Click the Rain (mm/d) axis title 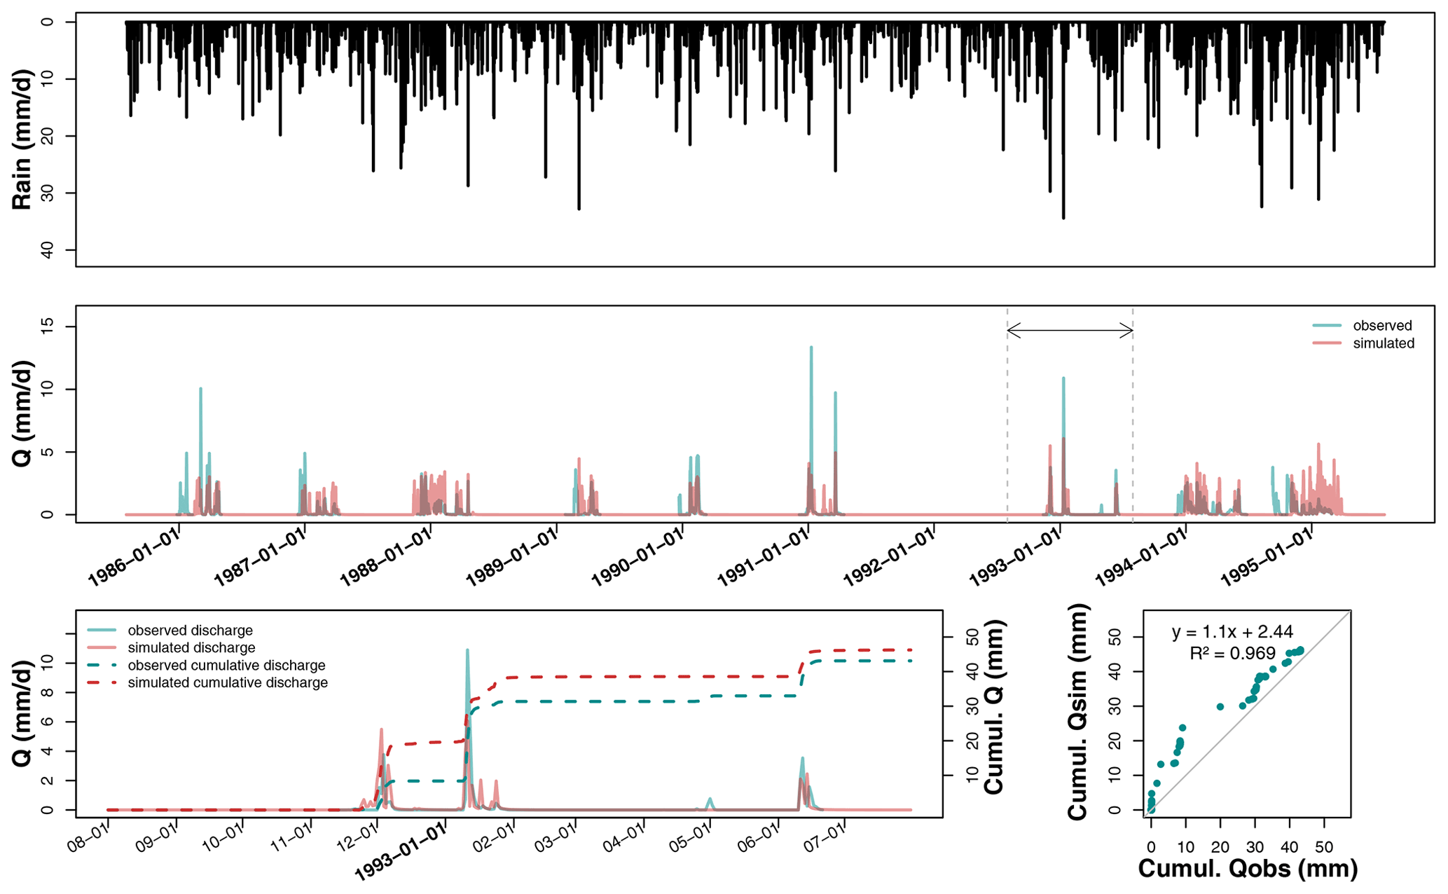pyautogui.click(x=22, y=139)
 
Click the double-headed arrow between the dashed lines pyautogui.click(x=1070, y=331)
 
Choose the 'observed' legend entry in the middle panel pyautogui.click(x=1382, y=326)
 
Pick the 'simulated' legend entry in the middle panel pyautogui.click(x=1384, y=343)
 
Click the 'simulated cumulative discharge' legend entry pyautogui.click(x=228, y=682)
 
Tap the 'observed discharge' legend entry pyautogui.click(x=190, y=631)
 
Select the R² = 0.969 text pyautogui.click(x=1232, y=654)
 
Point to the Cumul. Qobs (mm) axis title pyautogui.click(x=1248, y=868)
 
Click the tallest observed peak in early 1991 pyautogui.click(x=811, y=348)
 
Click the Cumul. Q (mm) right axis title pyautogui.click(x=994, y=706)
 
